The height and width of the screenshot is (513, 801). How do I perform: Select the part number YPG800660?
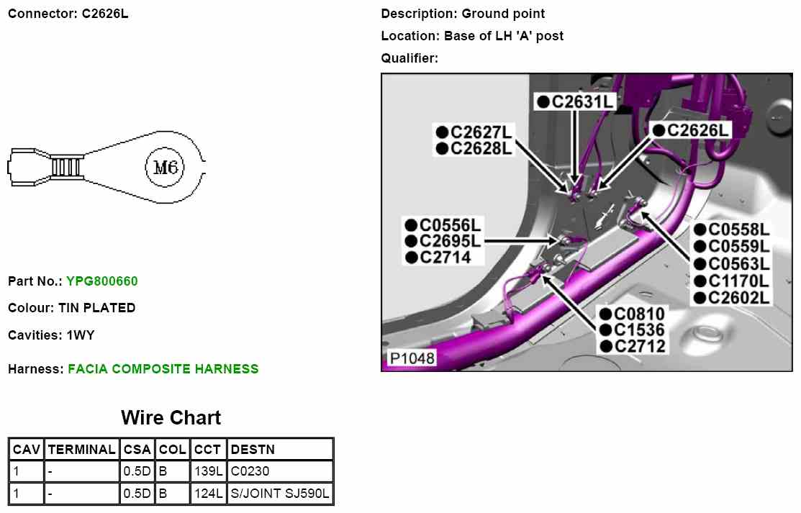coord(101,281)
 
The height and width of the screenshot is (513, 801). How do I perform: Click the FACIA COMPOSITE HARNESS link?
coord(163,369)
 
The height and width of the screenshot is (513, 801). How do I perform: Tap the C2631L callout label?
coord(576,101)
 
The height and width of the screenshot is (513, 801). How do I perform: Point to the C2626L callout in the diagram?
coord(692,130)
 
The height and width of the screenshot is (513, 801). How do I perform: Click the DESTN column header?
coord(253,450)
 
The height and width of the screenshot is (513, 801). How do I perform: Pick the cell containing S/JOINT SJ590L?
coord(280,494)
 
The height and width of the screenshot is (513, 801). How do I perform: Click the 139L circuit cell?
coord(209,472)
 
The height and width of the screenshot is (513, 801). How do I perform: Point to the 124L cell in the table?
coord(209,494)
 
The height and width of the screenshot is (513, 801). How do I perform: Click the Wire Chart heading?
coord(171,418)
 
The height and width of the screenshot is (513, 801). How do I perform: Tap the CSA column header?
coord(137,450)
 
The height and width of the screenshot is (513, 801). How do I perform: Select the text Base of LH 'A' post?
coord(504,36)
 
